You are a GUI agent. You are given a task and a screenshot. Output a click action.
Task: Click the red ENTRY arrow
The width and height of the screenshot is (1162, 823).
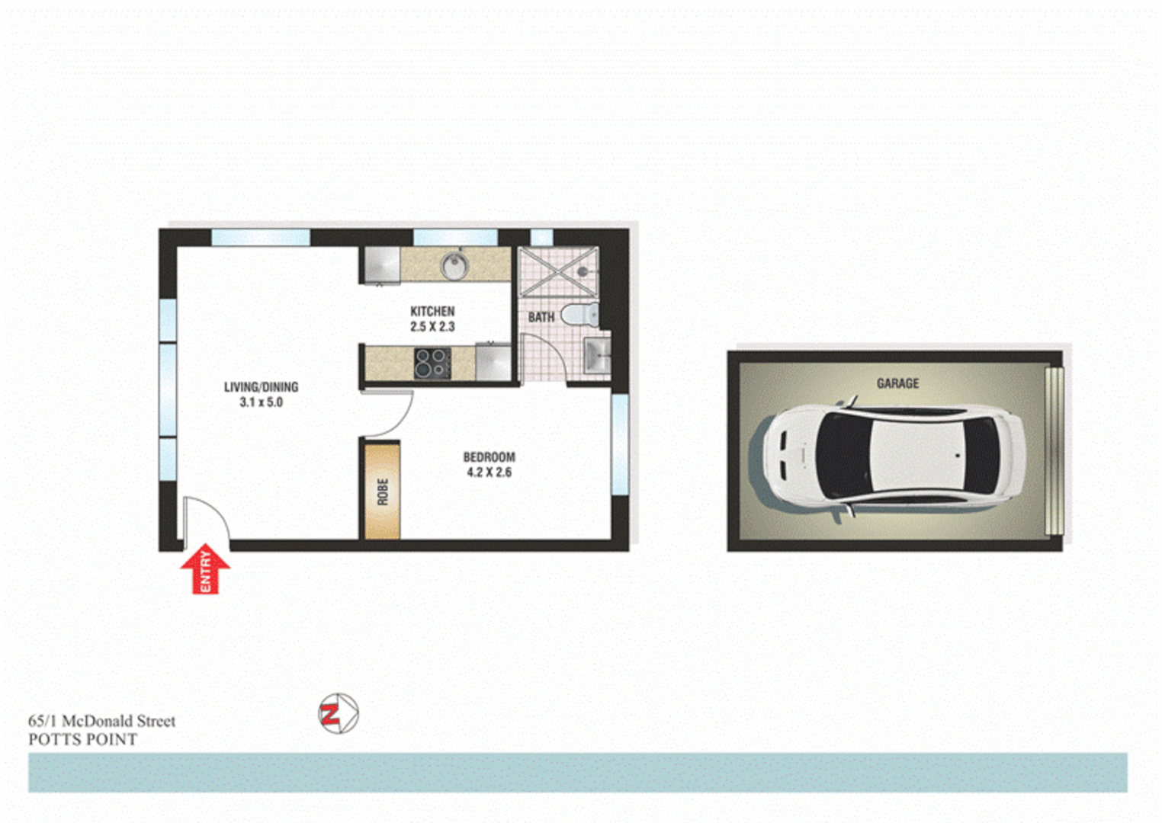click(205, 568)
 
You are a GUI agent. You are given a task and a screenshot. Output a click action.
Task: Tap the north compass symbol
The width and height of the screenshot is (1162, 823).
click(338, 714)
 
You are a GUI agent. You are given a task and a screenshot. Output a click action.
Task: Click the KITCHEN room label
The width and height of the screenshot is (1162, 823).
click(432, 311)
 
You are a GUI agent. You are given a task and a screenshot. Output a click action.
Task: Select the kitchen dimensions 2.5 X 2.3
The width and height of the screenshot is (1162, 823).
click(432, 327)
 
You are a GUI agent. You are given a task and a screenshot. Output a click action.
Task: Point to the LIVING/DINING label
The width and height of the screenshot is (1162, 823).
click(261, 387)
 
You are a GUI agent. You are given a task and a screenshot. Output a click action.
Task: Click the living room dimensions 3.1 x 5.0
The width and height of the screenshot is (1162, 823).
click(261, 402)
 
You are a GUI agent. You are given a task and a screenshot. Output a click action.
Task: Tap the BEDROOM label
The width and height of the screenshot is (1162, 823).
click(489, 457)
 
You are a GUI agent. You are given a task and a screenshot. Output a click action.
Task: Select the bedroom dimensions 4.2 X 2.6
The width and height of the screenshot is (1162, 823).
click(489, 472)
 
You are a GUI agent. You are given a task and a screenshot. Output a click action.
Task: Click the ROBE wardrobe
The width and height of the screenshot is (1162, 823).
click(383, 492)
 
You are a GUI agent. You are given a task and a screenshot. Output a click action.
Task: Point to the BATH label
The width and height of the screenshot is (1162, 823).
click(541, 317)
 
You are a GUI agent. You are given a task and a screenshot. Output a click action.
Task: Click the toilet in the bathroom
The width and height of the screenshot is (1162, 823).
click(581, 314)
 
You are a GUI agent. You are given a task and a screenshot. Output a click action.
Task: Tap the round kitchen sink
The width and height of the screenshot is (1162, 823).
click(454, 265)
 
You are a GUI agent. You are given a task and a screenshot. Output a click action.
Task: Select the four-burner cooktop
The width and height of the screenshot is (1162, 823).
click(432, 363)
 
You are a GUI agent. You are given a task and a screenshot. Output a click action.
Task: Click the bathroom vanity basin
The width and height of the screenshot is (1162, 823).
click(596, 355)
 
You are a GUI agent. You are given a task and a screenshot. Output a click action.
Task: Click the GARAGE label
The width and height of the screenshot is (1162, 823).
click(897, 383)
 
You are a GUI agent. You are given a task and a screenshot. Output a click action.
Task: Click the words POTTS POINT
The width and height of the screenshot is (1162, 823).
click(82, 740)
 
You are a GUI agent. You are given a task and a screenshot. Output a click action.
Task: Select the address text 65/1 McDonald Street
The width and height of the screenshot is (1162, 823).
click(101, 721)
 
